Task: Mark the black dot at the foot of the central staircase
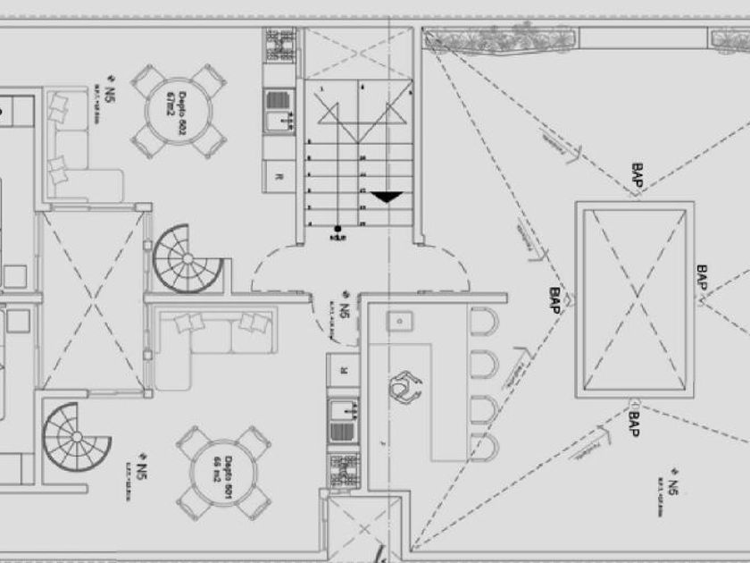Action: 337,230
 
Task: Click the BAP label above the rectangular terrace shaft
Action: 637,175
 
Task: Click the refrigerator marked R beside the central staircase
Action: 280,176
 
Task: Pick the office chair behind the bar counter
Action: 405,386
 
